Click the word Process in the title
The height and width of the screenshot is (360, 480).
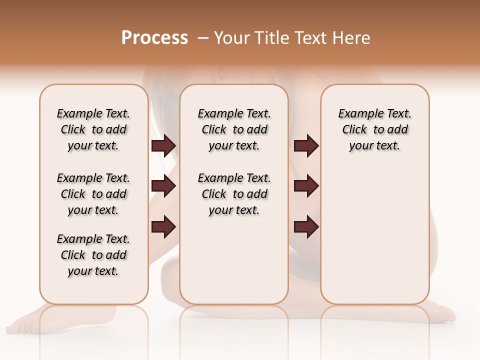coord(154,38)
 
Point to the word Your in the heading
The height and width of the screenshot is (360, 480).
coord(231,38)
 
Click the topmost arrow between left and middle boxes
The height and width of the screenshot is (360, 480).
coord(163,146)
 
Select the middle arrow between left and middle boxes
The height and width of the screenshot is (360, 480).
coord(163,186)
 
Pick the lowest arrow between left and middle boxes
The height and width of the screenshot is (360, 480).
coord(163,226)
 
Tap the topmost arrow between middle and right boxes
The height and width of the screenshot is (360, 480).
coord(306,146)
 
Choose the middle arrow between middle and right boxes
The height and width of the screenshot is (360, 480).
coord(306,186)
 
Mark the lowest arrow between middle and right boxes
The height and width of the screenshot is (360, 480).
coord(306,226)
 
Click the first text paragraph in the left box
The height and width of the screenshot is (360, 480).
coord(93,129)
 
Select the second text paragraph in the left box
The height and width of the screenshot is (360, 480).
coord(93,194)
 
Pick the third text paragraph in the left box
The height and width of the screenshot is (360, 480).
coord(93,255)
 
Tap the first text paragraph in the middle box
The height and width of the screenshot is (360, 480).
coord(234,129)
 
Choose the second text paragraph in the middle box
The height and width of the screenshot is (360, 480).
coord(234,194)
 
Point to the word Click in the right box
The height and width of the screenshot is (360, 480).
coord(354,130)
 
